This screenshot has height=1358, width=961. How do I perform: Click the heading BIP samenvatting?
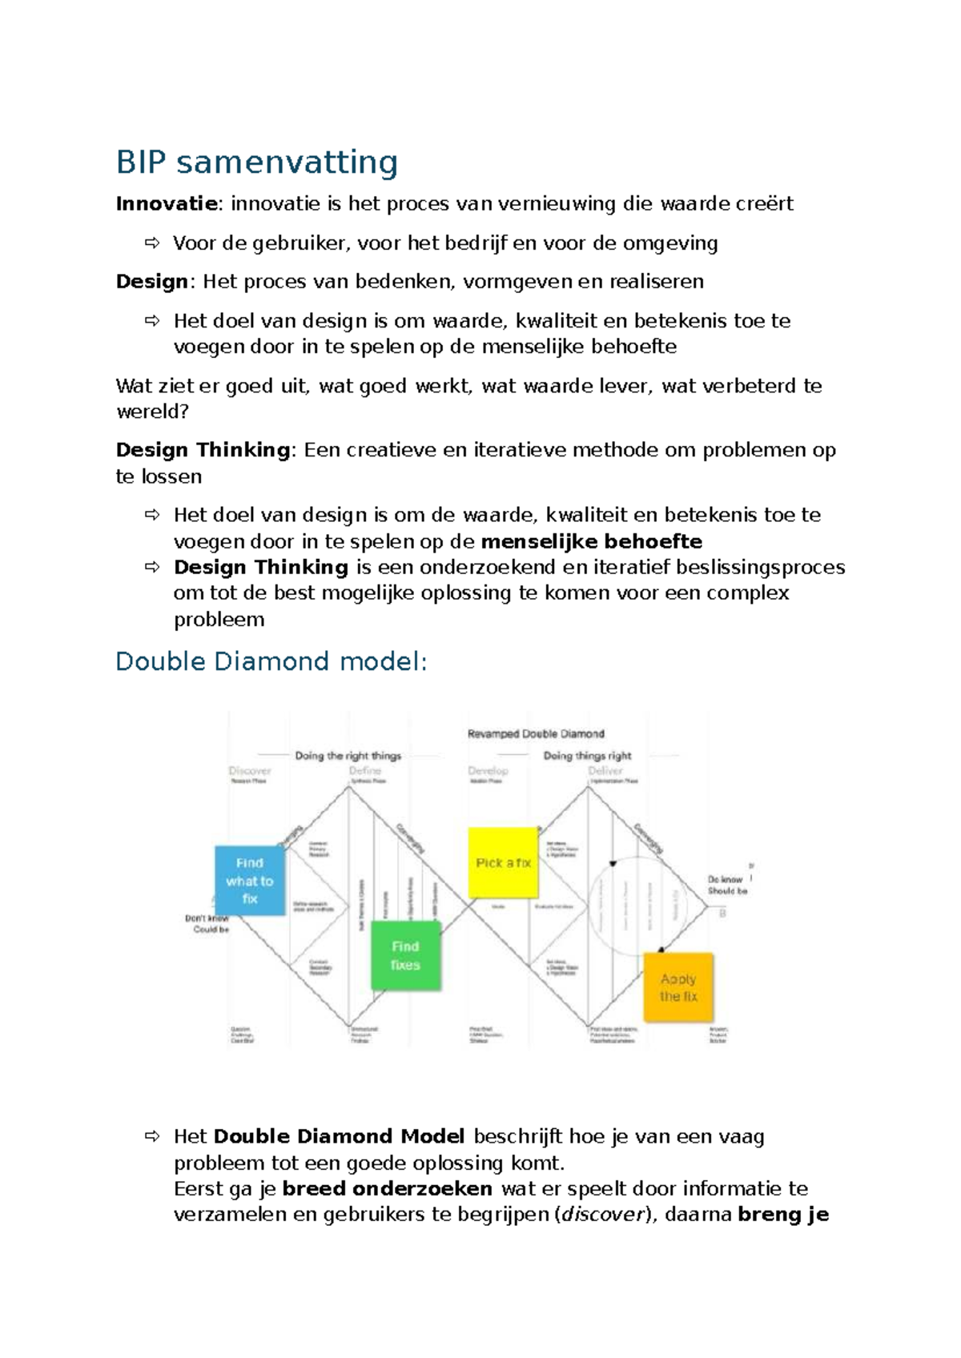point(256,163)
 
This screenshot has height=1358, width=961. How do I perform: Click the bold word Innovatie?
point(167,203)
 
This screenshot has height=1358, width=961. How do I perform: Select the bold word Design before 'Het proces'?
point(152,282)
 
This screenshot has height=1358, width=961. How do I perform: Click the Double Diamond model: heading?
point(271,661)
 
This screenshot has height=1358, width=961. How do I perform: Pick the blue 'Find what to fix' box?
point(250,881)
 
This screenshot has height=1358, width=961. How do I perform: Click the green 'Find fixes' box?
point(405,956)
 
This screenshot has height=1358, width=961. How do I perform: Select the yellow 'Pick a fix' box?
point(503,863)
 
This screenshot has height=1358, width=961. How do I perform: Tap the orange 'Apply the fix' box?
point(678,987)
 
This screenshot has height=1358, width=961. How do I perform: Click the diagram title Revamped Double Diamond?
point(536,733)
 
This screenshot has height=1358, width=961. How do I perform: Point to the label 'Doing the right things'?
point(348,755)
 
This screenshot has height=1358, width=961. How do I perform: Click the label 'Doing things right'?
point(587,755)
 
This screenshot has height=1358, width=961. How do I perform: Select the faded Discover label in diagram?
point(250,770)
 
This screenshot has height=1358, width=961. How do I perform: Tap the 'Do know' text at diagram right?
point(725,879)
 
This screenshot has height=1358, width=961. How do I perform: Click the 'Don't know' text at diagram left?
point(207,918)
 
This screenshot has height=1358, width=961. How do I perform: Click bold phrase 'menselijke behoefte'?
point(591,542)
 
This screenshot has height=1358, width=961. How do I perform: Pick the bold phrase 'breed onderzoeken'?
point(387,1188)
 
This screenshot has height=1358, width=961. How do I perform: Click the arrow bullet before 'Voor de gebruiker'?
point(152,243)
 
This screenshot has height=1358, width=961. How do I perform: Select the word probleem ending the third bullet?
point(219,620)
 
